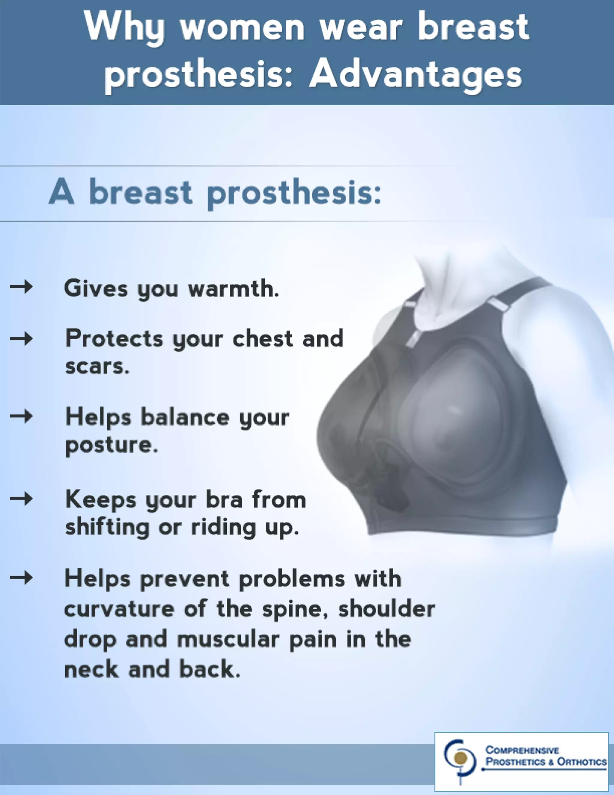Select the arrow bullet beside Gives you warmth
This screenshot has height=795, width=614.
point(22,287)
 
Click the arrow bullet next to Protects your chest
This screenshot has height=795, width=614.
point(22,339)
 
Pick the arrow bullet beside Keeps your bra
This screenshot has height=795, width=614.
point(22,498)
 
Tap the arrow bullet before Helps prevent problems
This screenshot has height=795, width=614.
point(22,578)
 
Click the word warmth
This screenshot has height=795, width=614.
point(233,288)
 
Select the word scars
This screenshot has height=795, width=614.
point(97,366)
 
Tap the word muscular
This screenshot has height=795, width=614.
point(228,640)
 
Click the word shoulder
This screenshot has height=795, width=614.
point(387,609)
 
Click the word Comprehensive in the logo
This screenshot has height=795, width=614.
point(522,750)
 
